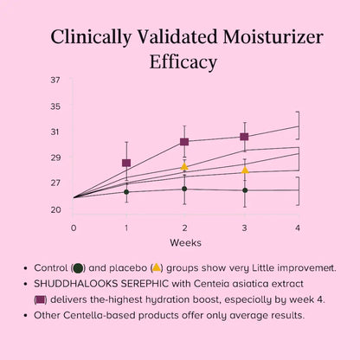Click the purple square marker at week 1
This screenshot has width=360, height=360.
click(x=126, y=163)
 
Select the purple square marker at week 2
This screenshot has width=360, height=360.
click(x=184, y=141)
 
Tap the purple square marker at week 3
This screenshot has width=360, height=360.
click(x=245, y=136)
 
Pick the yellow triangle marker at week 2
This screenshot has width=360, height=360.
click(x=184, y=167)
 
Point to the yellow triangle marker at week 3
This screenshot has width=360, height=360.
click(x=245, y=170)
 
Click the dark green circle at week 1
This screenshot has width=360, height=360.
click(x=126, y=191)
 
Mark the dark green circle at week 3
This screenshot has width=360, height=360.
click(x=245, y=190)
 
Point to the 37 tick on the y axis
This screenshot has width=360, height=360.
click(x=55, y=80)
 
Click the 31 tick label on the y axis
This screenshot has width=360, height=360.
click(x=55, y=132)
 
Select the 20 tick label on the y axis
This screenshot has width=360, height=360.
click(x=55, y=209)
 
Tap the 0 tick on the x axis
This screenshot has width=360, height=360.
click(x=74, y=227)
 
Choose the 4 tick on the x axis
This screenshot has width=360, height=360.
click(x=299, y=227)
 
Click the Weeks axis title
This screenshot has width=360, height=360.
click(x=185, y=242)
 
